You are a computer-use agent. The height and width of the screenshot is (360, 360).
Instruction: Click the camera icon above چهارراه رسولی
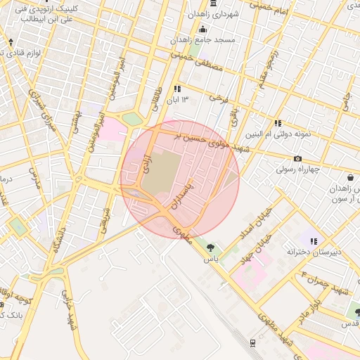pyautogui.click(x=298, y=159)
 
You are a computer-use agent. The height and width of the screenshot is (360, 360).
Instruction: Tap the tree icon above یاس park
pyautogui.click(x=210, y=247)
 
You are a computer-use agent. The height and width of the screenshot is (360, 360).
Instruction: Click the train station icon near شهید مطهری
pyautogui.click(x=252, y=342)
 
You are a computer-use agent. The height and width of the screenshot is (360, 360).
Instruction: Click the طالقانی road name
pyautogui.click(x=157, y=100)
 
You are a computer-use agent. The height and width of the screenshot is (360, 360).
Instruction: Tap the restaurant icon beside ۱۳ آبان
pyautogui.click(x=177, y=89)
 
